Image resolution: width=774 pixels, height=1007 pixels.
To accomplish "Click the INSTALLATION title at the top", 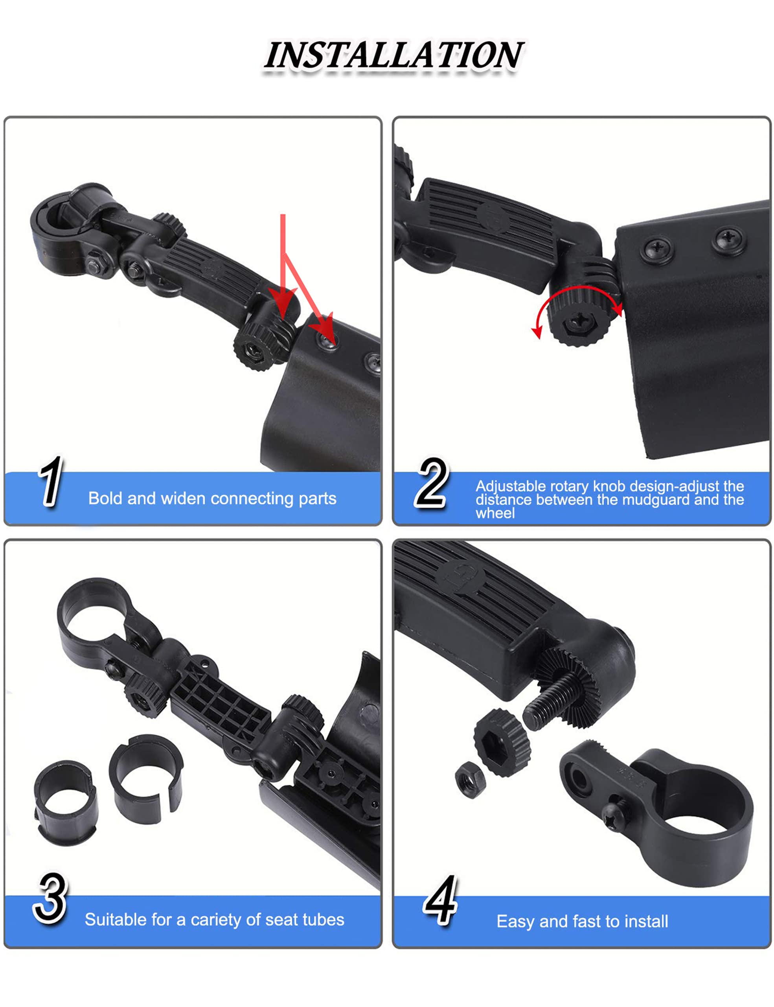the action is pyautogui.click(x=394, y=55).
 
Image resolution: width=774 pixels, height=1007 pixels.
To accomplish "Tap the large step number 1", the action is pyautogui.click(x=51, y=481).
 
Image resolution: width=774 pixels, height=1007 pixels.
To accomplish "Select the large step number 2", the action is pyautogui.click(x=431, y=483).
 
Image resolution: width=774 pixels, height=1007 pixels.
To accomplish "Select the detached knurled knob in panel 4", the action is pyautogui.click(x=502, y=742).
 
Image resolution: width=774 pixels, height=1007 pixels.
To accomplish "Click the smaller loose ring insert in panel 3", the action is pyautogui.click(x=66, y=803).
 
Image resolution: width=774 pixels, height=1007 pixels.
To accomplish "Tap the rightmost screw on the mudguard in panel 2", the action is pyautogui.click(x=729, y=240).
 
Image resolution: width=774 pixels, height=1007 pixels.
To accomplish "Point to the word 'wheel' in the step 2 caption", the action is pyautogui.click(x=495, y=513).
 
